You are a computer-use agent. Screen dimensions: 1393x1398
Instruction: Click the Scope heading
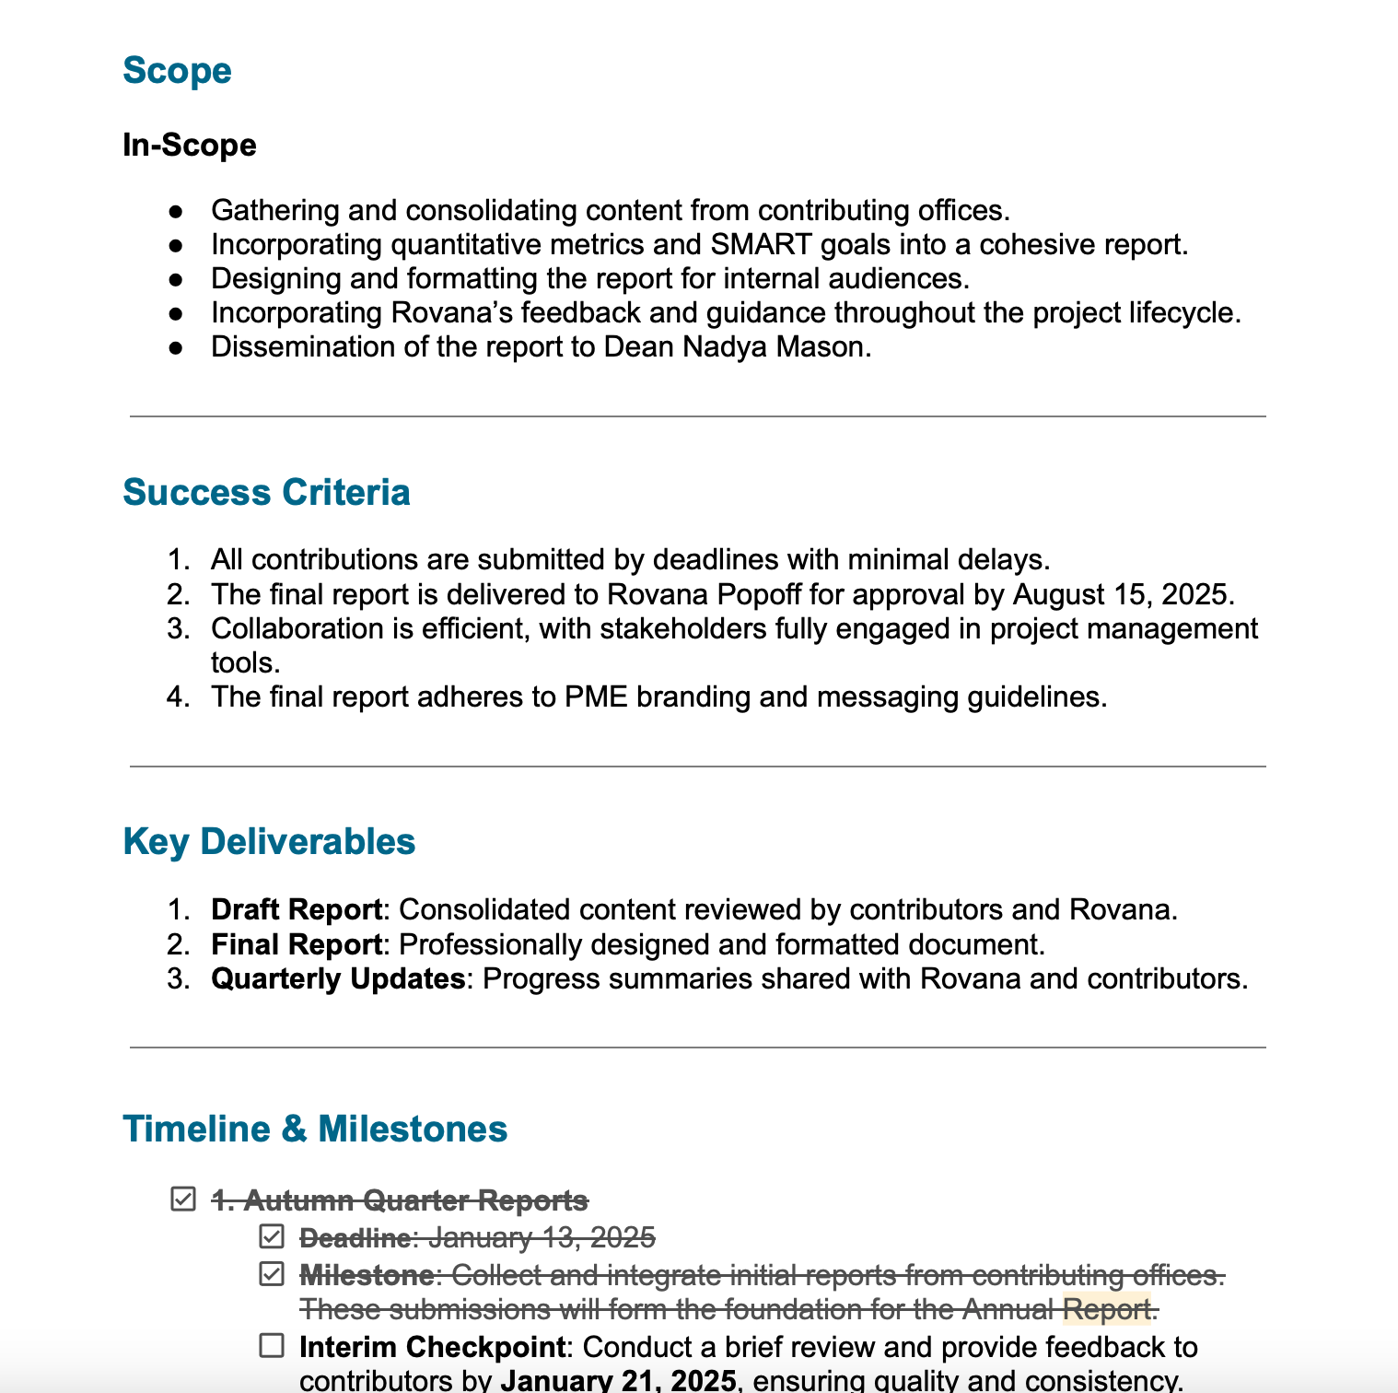[177, 71]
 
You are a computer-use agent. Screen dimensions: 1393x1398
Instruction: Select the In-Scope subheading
[189, 145]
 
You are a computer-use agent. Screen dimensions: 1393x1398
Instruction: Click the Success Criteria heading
[266, 492]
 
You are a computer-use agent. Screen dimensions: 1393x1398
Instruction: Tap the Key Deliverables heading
[269, 841]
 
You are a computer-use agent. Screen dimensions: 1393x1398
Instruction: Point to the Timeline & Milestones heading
[315, 1129]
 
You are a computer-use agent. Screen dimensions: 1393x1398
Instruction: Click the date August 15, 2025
[1122, 594]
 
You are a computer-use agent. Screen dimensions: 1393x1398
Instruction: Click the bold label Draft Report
[297, 909]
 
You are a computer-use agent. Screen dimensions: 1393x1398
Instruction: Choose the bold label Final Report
[297, 944]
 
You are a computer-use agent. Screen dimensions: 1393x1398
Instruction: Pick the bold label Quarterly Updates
[338, 978]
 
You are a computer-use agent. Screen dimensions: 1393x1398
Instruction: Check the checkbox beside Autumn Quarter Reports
[183, 1200]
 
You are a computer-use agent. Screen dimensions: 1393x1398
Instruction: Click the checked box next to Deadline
[272, 1236]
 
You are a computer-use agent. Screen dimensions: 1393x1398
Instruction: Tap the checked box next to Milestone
[272, 1274]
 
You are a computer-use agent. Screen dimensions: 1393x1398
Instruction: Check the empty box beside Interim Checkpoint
[272, 1346]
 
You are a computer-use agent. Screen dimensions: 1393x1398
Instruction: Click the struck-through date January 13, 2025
[542, 1237]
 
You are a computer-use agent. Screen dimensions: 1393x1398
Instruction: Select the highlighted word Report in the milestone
[1106, 1308]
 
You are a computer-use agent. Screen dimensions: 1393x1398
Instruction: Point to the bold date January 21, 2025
[618, 1380]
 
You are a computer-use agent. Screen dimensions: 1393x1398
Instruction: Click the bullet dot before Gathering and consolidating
[176, 211]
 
